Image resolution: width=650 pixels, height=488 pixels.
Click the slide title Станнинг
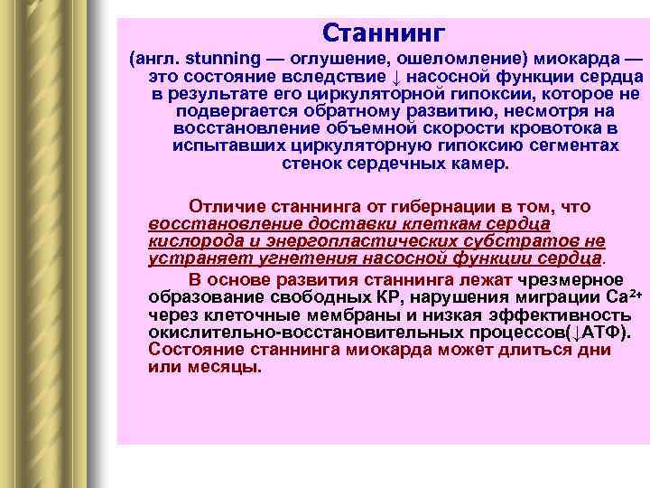coord(384,34)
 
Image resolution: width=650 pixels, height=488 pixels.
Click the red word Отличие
coord(223,207)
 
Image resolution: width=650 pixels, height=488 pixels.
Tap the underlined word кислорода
coord(188,241)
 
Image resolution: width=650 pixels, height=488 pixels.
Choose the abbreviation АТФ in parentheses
coord(598,332)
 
